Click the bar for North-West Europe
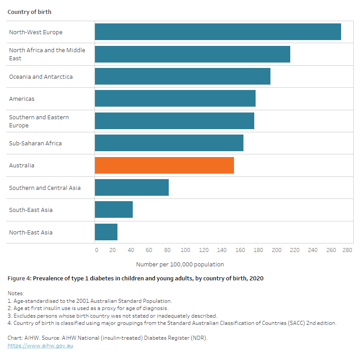(x=218, y=32)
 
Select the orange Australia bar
(x=164, y=165)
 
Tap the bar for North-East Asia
(x=106, y=232)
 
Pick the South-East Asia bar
(x=114, y=210)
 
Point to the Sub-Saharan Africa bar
(x=169, y=143)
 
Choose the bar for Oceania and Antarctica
(x=183, y=76)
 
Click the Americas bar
(x=175, y=99)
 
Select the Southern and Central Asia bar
(x=132, y=188)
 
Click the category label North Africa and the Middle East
(x=47, y=54)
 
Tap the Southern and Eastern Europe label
(x=39, y=121)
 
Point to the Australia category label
(x=22, y=166)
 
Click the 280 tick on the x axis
(x=347, y=250)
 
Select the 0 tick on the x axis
(x=96, y=250)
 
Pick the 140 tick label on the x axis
(x=222, y=250)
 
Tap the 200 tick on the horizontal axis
(x=276, y=250)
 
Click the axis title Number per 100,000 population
(x=180, y=265)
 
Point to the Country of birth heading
(x=29, y=12)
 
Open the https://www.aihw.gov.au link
(x=40, y=346)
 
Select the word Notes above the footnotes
(x=16, y=293)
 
